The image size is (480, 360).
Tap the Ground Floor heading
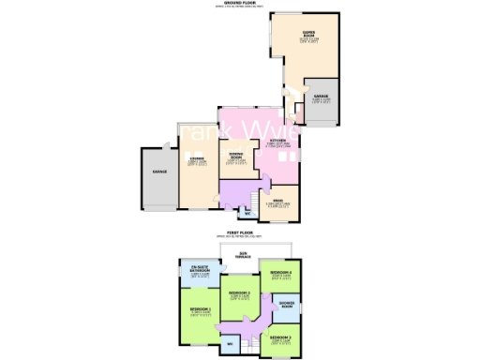[x=241, y=4]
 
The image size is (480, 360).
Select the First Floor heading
[x=241, y=232]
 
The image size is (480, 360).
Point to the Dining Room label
[x=235, y=157]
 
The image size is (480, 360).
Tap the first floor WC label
[x=228, y=345]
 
